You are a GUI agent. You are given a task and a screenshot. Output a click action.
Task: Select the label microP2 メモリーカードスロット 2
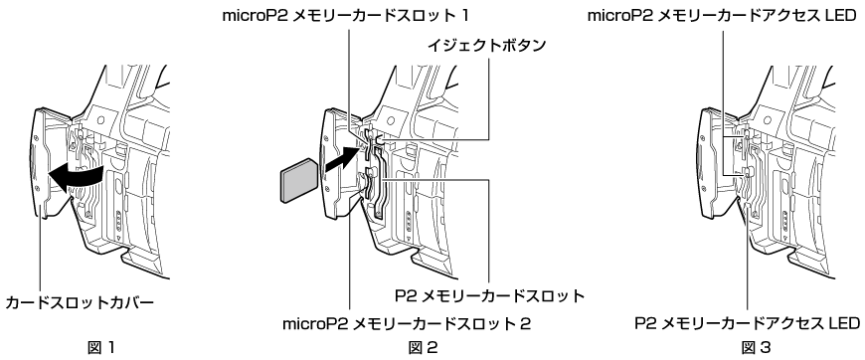407,321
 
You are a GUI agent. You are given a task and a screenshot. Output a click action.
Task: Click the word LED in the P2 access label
841,322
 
